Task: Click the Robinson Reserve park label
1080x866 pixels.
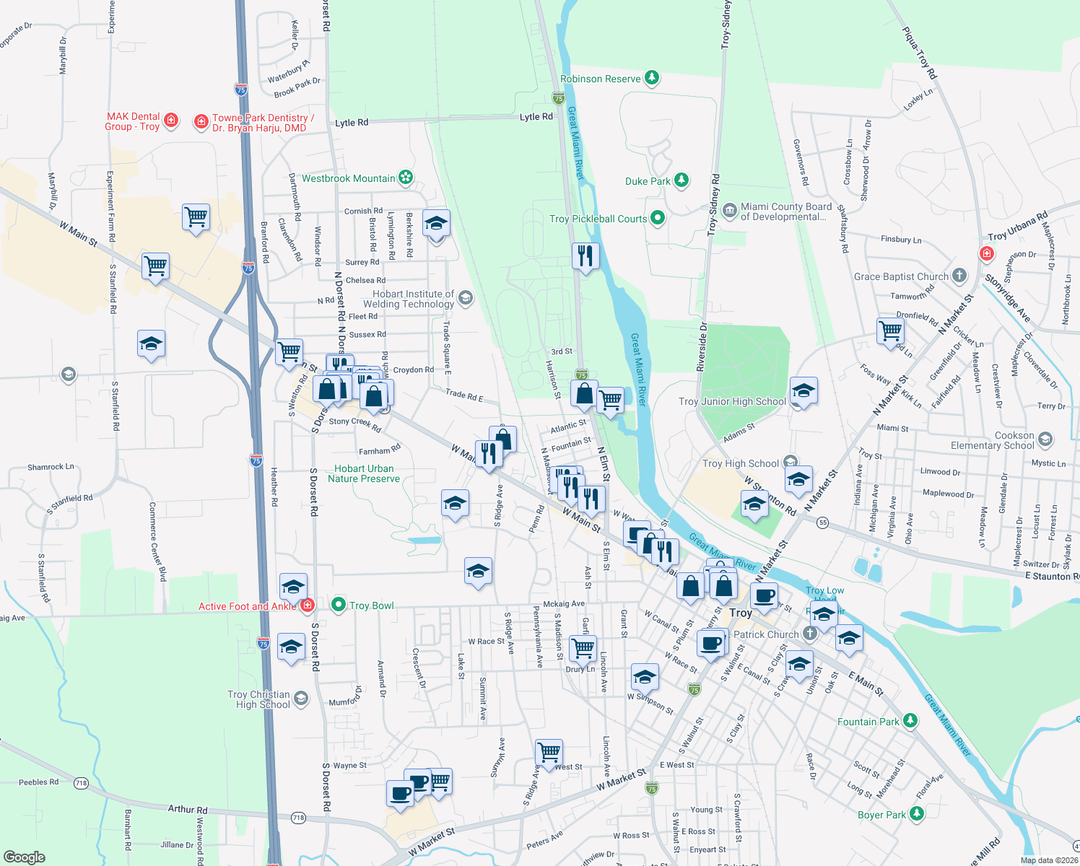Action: (601, 79)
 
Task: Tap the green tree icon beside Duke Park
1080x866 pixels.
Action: (681, 180)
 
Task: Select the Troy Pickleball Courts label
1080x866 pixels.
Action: (598, 219)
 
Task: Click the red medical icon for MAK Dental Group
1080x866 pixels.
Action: (171, 120)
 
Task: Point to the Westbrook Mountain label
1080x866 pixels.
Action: (348, 178)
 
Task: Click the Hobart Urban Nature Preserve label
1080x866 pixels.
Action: (364, 473)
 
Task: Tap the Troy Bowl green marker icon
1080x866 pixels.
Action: (338, 605)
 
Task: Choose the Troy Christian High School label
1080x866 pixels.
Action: (259, 699)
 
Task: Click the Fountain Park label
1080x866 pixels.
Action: (868, 722)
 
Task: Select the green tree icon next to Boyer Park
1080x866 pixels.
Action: (917, 814)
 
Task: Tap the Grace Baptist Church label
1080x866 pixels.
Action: (901, 276)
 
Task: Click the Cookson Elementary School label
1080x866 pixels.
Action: (993, 440)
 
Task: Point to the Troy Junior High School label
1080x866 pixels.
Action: (732, 401)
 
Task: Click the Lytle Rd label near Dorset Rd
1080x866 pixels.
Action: (352, 123)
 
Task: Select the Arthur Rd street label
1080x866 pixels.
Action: (188, 810)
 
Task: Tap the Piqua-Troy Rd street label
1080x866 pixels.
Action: (919, 53)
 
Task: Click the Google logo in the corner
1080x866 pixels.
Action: (25, 857)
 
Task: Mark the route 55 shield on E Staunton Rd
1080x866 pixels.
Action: (823, 523)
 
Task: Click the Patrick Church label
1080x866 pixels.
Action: (766, 634)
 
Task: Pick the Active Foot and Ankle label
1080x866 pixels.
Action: (247, 606)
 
